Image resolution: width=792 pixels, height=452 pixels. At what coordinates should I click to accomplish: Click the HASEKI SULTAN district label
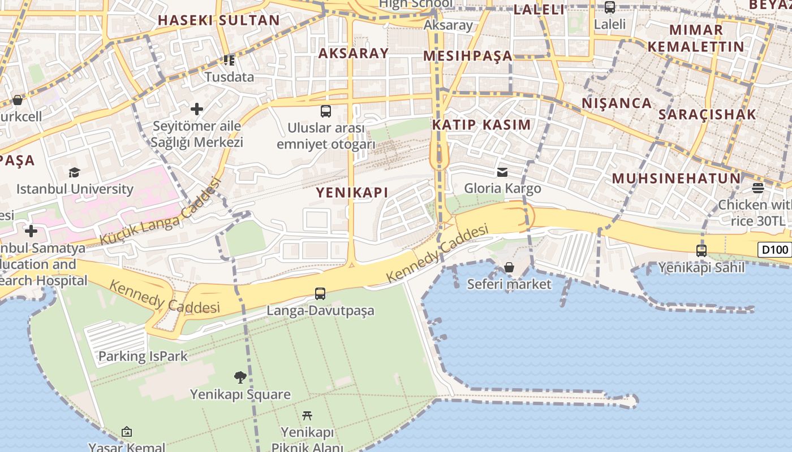(x=218, y=20)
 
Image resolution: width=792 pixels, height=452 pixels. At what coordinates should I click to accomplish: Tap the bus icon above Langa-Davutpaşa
(x=320, y=294)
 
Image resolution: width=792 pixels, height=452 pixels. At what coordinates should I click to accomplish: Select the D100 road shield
(x=774, y=250)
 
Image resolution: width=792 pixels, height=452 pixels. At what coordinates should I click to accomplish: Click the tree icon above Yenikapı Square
(x=240, y=377)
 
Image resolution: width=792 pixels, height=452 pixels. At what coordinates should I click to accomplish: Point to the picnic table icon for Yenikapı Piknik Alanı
(x=307, y=416)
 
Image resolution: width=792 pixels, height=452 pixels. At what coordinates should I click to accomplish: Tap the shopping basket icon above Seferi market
(x=509, y=267)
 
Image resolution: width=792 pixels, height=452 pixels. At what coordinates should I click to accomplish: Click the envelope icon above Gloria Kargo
(x=502, y=172)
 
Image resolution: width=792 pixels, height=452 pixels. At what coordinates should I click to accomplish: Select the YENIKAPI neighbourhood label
(x=352, y=192)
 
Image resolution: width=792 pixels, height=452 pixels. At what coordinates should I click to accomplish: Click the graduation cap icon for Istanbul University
(x=74, y=172)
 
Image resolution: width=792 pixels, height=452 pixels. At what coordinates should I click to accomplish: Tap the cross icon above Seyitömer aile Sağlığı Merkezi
(x=197, y=108)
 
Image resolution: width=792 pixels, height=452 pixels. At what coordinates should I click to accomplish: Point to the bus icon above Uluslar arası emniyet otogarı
(x=326, y=111)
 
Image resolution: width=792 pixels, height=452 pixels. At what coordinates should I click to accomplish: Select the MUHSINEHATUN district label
(x=676, y=179)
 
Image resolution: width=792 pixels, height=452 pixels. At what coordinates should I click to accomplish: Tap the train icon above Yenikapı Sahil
(x=701, y=250)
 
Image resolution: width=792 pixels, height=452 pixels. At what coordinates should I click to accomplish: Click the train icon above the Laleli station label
(x=610, y=7)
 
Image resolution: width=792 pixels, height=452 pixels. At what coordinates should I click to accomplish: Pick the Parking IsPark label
(x=143, y=357)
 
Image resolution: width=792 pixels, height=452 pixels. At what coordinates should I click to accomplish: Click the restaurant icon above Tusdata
(x=229, y=60)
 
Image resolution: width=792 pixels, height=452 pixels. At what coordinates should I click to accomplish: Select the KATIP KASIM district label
(x=482, y=125)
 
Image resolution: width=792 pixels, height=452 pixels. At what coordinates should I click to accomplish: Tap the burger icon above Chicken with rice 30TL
(x=758, y=188)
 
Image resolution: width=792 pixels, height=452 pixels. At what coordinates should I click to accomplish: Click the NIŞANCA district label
(x=617, y=103)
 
